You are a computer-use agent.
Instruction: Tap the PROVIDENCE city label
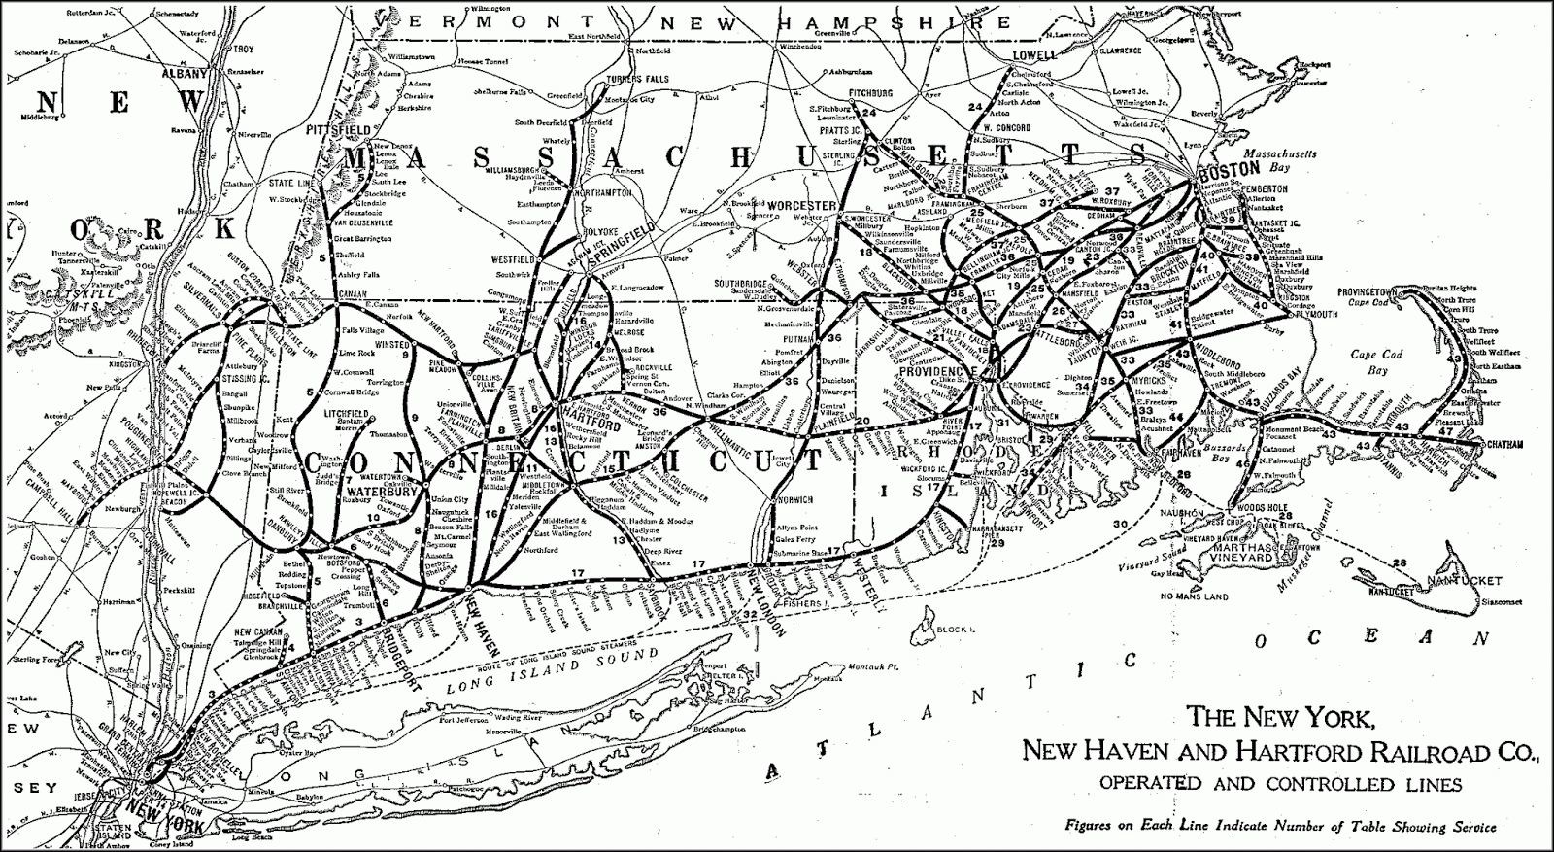coord(936,372)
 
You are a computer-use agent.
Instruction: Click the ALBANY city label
coord(186,74)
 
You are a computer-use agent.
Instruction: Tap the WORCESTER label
coord(802,206)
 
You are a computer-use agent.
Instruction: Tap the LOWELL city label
coord(1033,55)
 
